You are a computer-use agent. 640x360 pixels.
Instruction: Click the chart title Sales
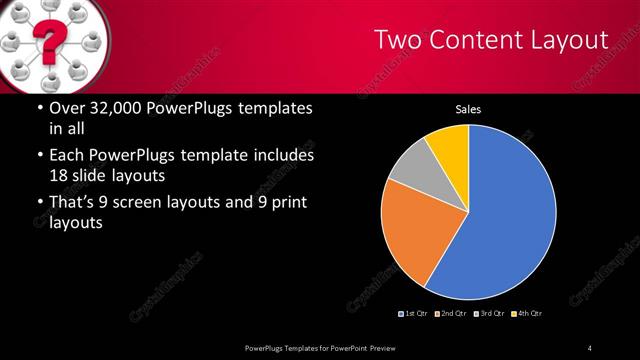[x=469, y=109]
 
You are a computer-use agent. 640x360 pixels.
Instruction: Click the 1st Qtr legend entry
[x=416, y=314]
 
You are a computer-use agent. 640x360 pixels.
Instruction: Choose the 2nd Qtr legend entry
[x=452, y=314]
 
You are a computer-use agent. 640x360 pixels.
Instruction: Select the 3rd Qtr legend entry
[x=489, y=314]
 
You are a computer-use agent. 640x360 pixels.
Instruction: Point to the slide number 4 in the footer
[x=590, y=347]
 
